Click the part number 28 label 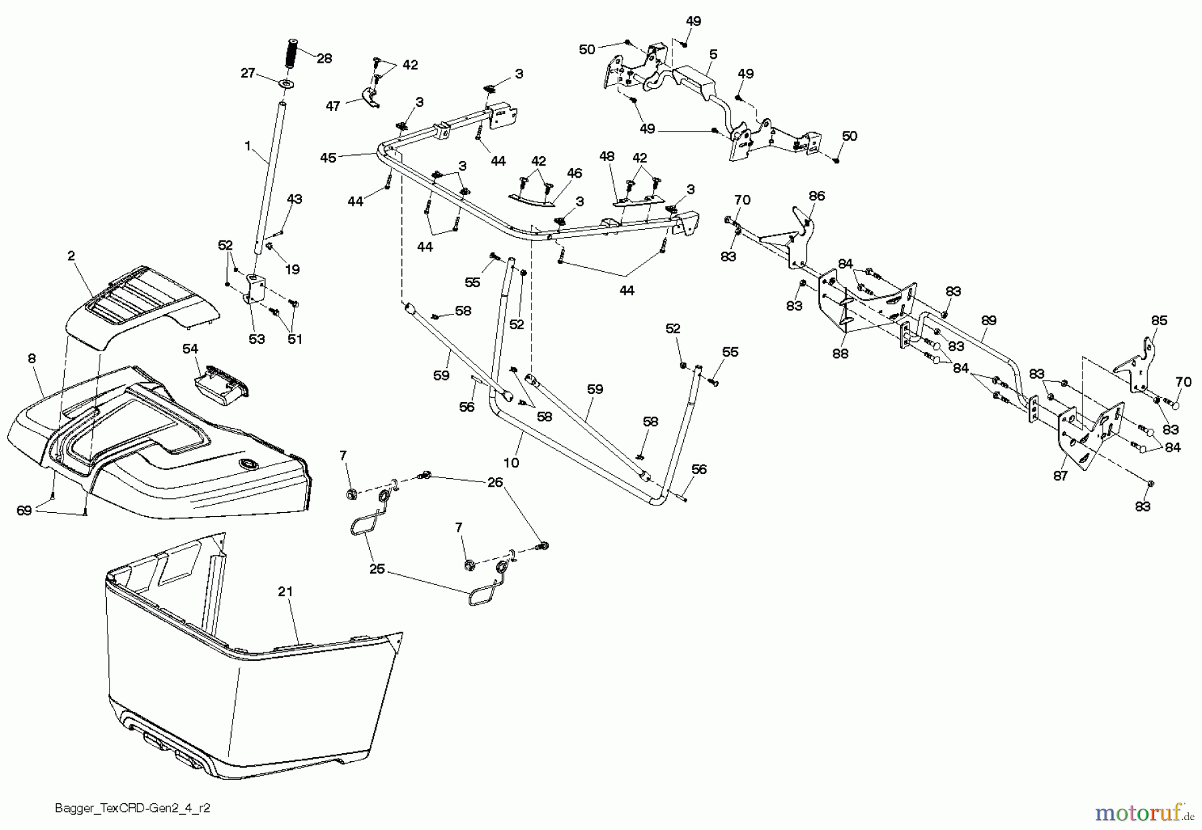tap(324, 59)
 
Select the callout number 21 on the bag tap(286, 592)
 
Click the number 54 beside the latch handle tap(190, 349)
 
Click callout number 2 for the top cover tap(71, 256)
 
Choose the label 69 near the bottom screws tap(24, 511)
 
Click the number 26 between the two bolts tap(495, 483)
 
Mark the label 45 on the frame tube tap(328, 158)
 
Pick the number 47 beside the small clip tap(333, 106)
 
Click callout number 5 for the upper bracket tap(713, 53)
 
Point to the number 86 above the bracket tap(817, 196)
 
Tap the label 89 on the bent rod tap(988, 321)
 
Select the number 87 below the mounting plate tap(1060, 475)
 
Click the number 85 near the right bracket tap(1159, 321)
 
